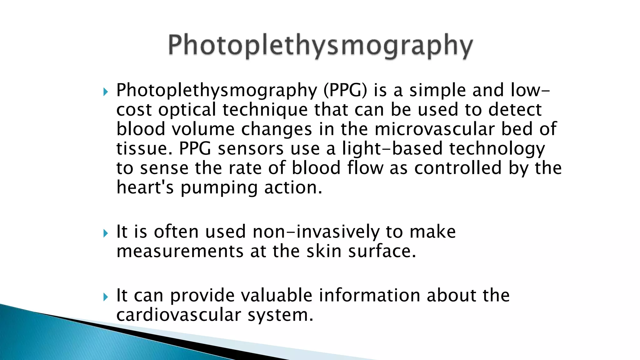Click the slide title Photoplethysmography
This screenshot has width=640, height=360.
320,46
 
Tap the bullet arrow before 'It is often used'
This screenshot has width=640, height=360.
106,233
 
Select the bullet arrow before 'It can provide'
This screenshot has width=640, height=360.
106,297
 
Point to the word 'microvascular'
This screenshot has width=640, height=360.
434,129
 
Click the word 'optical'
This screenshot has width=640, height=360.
187,110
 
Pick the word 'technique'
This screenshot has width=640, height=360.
265,110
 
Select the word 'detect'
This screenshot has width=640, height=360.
515,110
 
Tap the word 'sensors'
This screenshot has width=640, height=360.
251,149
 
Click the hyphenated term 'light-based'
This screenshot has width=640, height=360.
392,149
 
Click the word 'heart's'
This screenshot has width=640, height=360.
145,187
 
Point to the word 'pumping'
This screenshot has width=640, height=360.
219,188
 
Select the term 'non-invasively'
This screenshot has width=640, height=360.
316,232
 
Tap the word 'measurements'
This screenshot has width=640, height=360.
180,252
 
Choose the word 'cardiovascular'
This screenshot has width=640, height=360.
178,315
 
